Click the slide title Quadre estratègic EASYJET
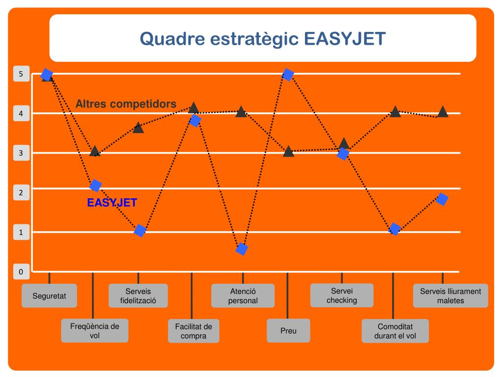(x=263, y=38)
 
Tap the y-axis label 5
(x=21, y=75)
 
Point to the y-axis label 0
(x=21, y=271)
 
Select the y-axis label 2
(x=21, y=193)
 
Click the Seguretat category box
(x=49, y=296)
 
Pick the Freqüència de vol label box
(x=95, y=331)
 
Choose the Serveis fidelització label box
(x=138, y=296)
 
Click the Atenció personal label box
(x=243, y=296)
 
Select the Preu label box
(x=288, y=331)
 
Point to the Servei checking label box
(x=342, y=296)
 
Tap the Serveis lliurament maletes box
(x=451, y=296)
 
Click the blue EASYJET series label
(x=112, y=202)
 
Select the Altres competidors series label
(x=126, y=104)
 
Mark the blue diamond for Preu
(x=288, y=75)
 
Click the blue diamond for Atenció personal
(x=242, y=249)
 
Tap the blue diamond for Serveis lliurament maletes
(x=442, y=199)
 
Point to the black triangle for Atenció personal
(x=241, y=112)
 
